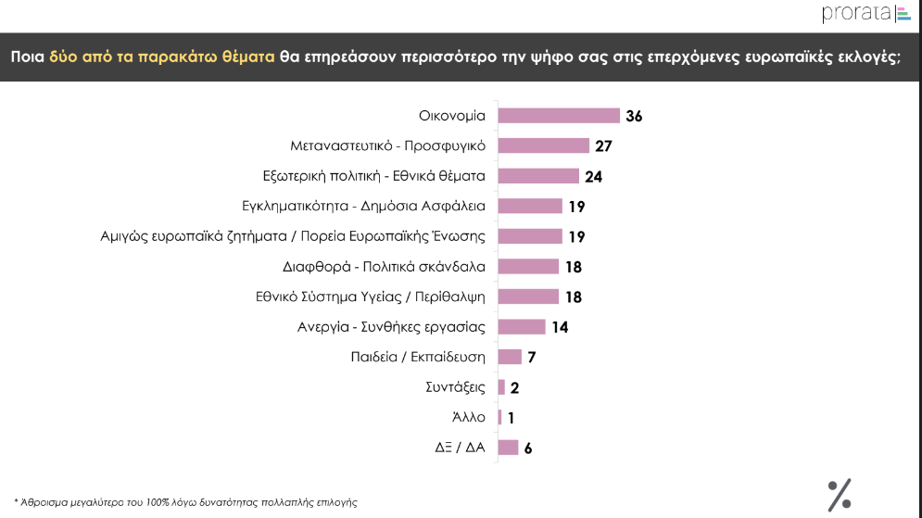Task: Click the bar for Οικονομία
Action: [x=559, y=116]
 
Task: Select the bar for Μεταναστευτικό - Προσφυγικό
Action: [x=544, y=145]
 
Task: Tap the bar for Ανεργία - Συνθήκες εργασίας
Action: [x=522, y=326]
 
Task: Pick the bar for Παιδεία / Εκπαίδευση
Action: [x=510, y=357]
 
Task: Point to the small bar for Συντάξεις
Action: [x=501, y=387]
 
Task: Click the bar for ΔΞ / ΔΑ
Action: [x=508, y=448]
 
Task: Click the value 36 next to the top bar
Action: [x=634, y=117]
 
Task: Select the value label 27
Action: [x=604, y=146]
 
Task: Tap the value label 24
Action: [x=594, y=176]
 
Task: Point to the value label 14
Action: [x=559, y=327]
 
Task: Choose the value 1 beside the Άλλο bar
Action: [x=512, y=418]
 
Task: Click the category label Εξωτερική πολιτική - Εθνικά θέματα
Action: [x=374, y=176]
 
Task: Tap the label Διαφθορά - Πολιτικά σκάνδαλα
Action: [x=384, y=267]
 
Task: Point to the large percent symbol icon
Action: [x=839, y=495]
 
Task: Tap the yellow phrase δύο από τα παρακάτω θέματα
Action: [x=162, y=57]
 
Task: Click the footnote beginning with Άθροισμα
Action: [x=185, y=501]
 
